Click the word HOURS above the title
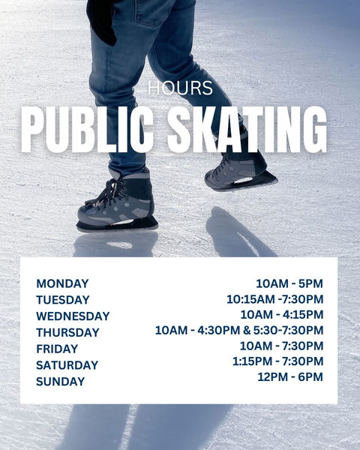point(180,88)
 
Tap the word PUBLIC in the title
point(87,130)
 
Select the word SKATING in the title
point(247,130)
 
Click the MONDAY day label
point(62,283)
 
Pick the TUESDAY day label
point(63,300)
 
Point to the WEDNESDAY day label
point(73,316)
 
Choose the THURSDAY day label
point(67,332)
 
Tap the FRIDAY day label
point(57,349)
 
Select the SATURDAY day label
point(67,365)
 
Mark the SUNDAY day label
point(61,382)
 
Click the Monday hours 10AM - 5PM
point(289,283)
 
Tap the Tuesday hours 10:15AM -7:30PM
point(275,299)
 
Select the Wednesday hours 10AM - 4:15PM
point(282,315)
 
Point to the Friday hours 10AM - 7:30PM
point(282,346)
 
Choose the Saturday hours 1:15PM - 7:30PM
point(278,361)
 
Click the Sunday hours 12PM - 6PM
point(290,377)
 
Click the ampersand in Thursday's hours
point(247,330)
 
